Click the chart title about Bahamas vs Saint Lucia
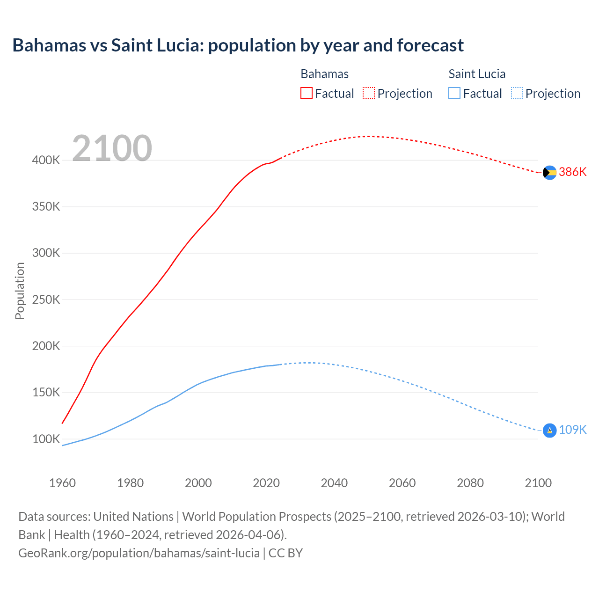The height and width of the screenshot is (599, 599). [238, 45]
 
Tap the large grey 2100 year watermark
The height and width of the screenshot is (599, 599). [112, 148]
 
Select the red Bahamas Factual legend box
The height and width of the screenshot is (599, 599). [306, 94]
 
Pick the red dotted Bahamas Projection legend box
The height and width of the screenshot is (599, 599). [369, 94]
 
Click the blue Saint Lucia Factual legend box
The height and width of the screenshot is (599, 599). [454, 94]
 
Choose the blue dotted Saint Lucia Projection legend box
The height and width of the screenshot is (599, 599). [517, 94]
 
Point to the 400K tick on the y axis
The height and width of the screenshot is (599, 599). [46, 160]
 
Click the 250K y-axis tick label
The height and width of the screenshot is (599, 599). [46, 299]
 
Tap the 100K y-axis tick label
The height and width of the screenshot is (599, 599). [46, 439]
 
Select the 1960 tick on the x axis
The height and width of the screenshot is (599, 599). [62, 483]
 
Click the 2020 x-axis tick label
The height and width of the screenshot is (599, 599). [266, 483]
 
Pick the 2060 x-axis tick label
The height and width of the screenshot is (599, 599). [402, 483]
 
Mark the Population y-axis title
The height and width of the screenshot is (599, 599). [20, 291]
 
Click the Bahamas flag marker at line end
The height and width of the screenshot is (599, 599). [549, 173]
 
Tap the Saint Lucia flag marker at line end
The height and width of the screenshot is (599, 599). [549, 430]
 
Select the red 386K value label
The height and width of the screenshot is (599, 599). [572, 172]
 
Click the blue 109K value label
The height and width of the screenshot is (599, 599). [572, 430]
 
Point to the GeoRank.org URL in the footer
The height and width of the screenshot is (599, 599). [139, 553]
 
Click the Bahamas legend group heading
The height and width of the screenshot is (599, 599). [324, 74]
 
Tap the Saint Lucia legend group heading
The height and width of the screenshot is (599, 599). [477, 74]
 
